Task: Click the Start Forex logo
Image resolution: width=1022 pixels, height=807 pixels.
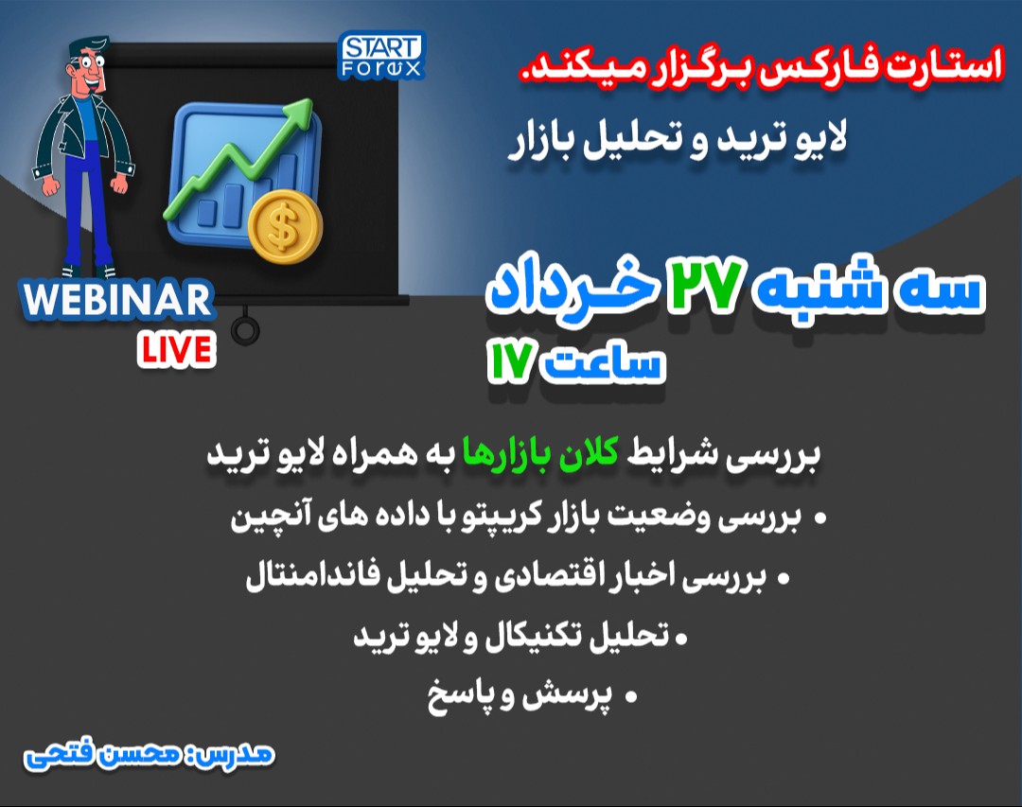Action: point(381,56)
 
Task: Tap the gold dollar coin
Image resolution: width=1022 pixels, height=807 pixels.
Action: point(285,227)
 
